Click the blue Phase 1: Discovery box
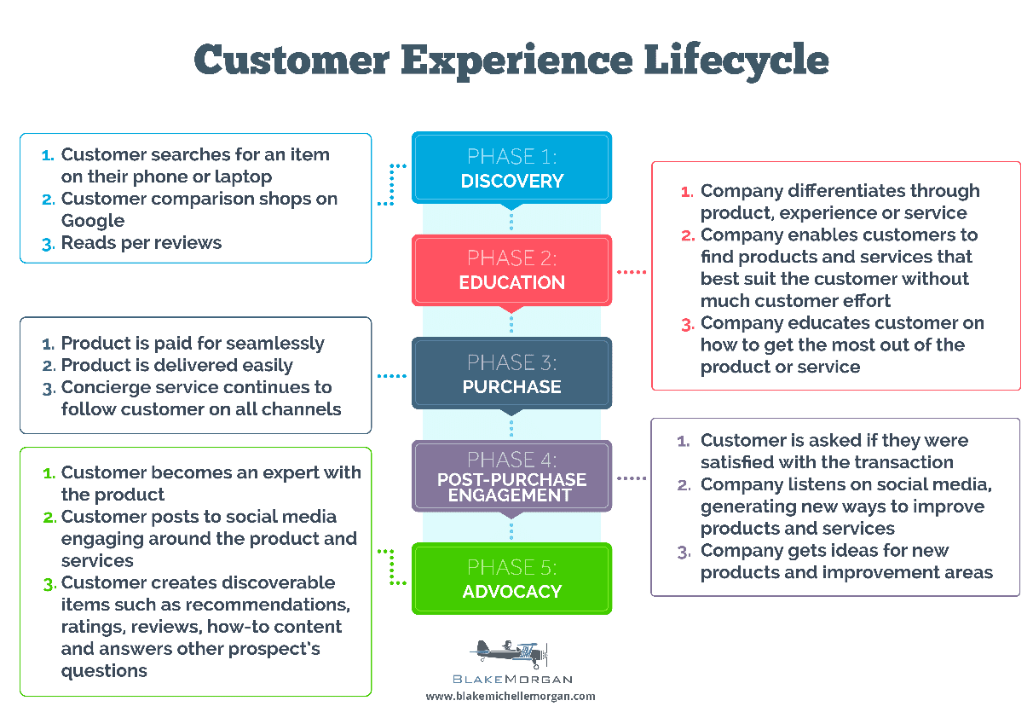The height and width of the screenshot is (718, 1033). tap(511, 168)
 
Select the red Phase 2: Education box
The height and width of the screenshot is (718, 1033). tap(511, 269)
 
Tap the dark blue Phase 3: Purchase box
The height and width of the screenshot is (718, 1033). tap(511, 373)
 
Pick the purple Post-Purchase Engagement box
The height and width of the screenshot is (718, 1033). tap(511, 476)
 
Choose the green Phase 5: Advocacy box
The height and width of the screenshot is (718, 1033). tap(511, 578)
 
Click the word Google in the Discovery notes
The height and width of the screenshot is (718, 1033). tap(92, 221)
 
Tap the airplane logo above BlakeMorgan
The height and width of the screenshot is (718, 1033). tap(510, 654)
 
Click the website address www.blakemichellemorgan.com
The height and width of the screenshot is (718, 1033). tap(511, 696)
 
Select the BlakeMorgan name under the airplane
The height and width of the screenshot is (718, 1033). tap(511, 679)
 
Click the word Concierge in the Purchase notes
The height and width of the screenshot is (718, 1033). tap(107, 387)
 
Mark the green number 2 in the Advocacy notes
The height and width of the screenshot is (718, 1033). tap(48, 518)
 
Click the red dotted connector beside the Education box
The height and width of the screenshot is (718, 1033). tap(631, 272)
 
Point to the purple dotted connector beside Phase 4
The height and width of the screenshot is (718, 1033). tap(631, 478)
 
